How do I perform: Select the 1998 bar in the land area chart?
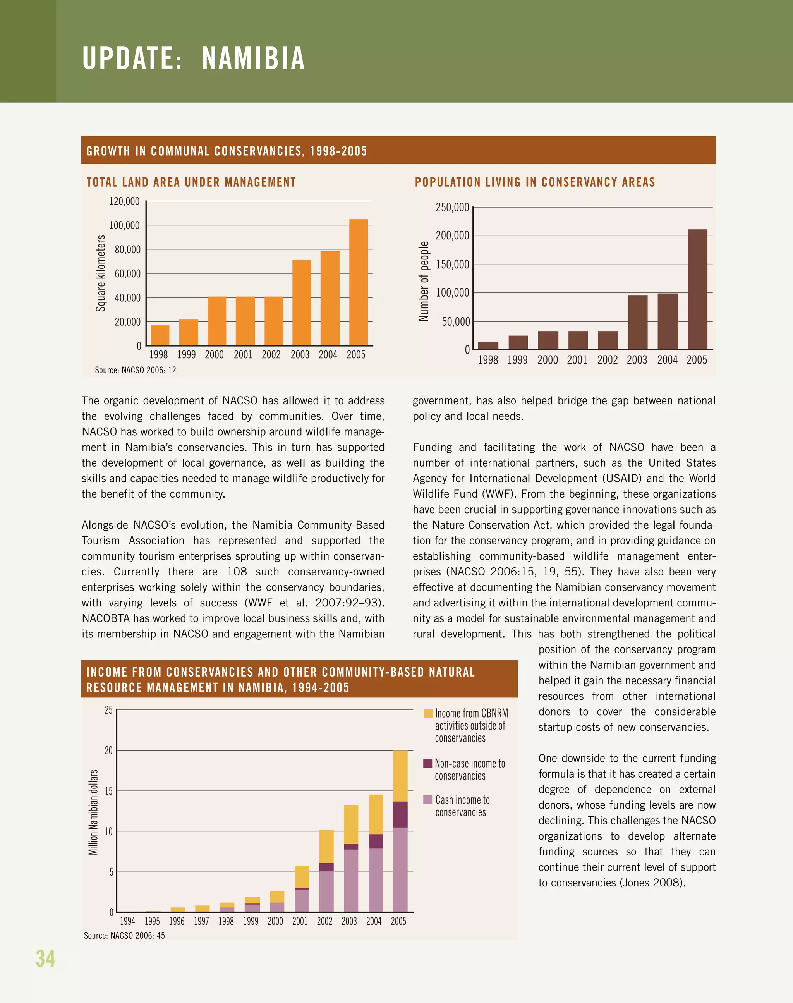click(x=160, y=335)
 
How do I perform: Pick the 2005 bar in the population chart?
click(x=697, y=289)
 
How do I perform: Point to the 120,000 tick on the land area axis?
click(x=124, y=201)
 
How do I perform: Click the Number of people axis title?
click(x=424, y=281)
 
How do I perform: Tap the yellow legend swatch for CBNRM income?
click(x=428, y=713)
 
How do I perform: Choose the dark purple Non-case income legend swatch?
click(x=428, y=763)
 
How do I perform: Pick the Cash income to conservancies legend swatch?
click(x=428, y=800)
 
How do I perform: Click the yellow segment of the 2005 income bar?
click(x=400, y=775)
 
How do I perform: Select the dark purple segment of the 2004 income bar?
click(x=376, y=841)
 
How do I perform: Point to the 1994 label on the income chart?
click(x=127, y=921)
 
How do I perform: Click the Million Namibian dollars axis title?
click(x=93, y=812)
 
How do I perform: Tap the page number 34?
click(x=46, y=958)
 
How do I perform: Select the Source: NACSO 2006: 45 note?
click(x=124, y=936)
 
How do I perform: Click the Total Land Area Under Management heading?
click(x=191, y=182)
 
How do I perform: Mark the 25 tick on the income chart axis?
click(x=109, y=710)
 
